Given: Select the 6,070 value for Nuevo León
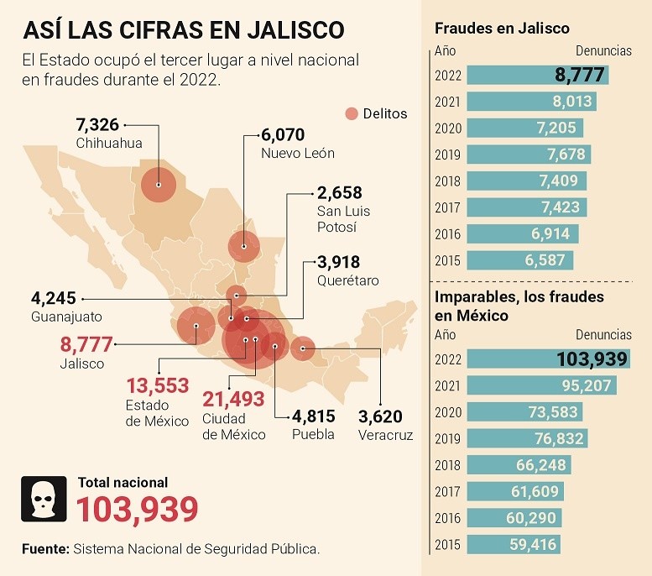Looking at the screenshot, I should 282,135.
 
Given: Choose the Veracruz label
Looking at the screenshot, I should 385,434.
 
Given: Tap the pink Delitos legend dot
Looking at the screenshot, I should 352,113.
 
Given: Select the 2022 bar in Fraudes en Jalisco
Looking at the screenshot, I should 537,75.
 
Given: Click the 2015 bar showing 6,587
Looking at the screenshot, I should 519,260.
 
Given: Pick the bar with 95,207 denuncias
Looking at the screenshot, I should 541,385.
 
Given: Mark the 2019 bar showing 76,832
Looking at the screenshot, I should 527,438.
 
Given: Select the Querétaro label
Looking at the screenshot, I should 347,280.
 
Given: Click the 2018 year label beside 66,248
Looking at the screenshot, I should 448,465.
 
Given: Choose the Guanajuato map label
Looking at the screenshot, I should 66,317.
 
